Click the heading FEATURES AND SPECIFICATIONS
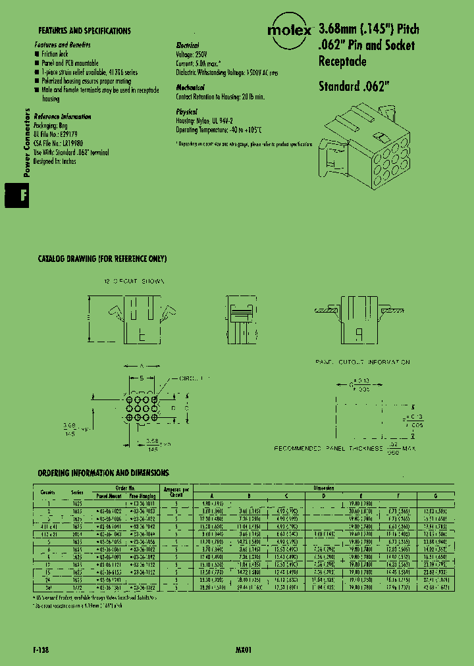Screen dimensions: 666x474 (84, 31)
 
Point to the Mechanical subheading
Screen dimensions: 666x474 (190, 88)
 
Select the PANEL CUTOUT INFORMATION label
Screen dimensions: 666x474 (362, 363)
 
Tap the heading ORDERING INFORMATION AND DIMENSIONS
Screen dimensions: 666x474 (103, 473)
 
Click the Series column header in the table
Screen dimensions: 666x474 (78, 492)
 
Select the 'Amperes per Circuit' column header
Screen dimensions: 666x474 (176, 491)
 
